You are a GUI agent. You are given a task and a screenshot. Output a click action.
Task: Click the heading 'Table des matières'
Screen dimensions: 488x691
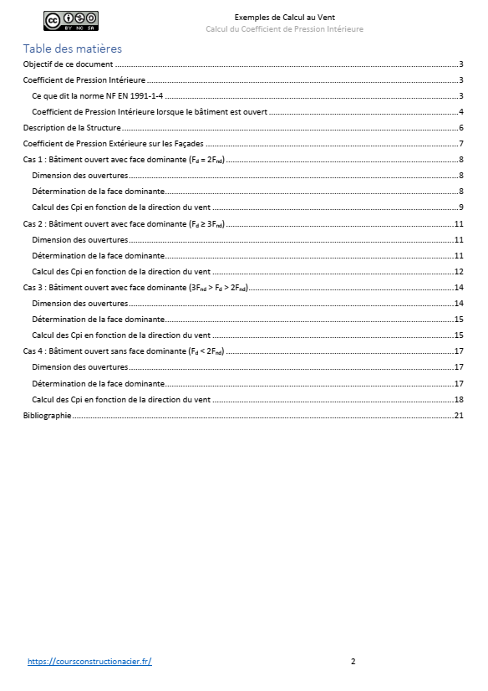coord(73,49)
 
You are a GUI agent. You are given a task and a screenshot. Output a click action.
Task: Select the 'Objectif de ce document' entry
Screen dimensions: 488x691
coord(69,64)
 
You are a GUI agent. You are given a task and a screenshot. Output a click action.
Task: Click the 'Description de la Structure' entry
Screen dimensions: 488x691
coord(72,128)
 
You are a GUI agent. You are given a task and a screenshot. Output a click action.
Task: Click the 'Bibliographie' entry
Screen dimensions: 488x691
coord(47,416)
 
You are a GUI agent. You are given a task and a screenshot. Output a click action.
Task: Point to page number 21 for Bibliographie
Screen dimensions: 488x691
coord(458,416)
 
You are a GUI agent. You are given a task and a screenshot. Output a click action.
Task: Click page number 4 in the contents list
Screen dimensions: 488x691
coord(460,112)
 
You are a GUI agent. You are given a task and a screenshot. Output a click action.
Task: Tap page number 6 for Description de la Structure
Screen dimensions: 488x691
coord(460,128)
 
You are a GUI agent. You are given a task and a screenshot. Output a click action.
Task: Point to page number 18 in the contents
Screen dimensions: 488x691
coord(458,400)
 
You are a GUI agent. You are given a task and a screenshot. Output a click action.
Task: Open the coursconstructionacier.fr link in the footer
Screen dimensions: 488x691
coord(89,661)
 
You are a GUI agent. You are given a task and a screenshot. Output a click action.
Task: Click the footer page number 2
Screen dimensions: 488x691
coord(353,661)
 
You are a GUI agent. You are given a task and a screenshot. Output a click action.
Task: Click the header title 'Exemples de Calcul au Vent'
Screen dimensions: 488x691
coord(285,17)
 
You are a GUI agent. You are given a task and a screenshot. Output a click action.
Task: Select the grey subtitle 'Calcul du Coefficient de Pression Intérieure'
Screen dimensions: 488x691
coord(284,29)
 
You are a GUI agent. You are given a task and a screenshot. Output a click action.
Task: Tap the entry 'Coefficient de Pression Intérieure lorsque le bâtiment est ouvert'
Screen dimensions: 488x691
coord(150,112)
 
